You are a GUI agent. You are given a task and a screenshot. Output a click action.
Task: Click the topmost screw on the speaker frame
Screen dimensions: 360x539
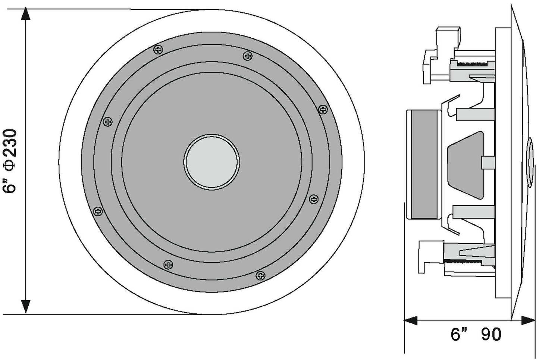pyautogui.click(x=159, y=49)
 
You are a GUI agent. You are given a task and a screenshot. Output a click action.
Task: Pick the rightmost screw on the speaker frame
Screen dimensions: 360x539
pyautogui.click(x=323, y=109)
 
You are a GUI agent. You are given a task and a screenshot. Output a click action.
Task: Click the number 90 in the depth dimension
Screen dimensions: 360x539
pyautogui.click(x=491, y=334)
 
